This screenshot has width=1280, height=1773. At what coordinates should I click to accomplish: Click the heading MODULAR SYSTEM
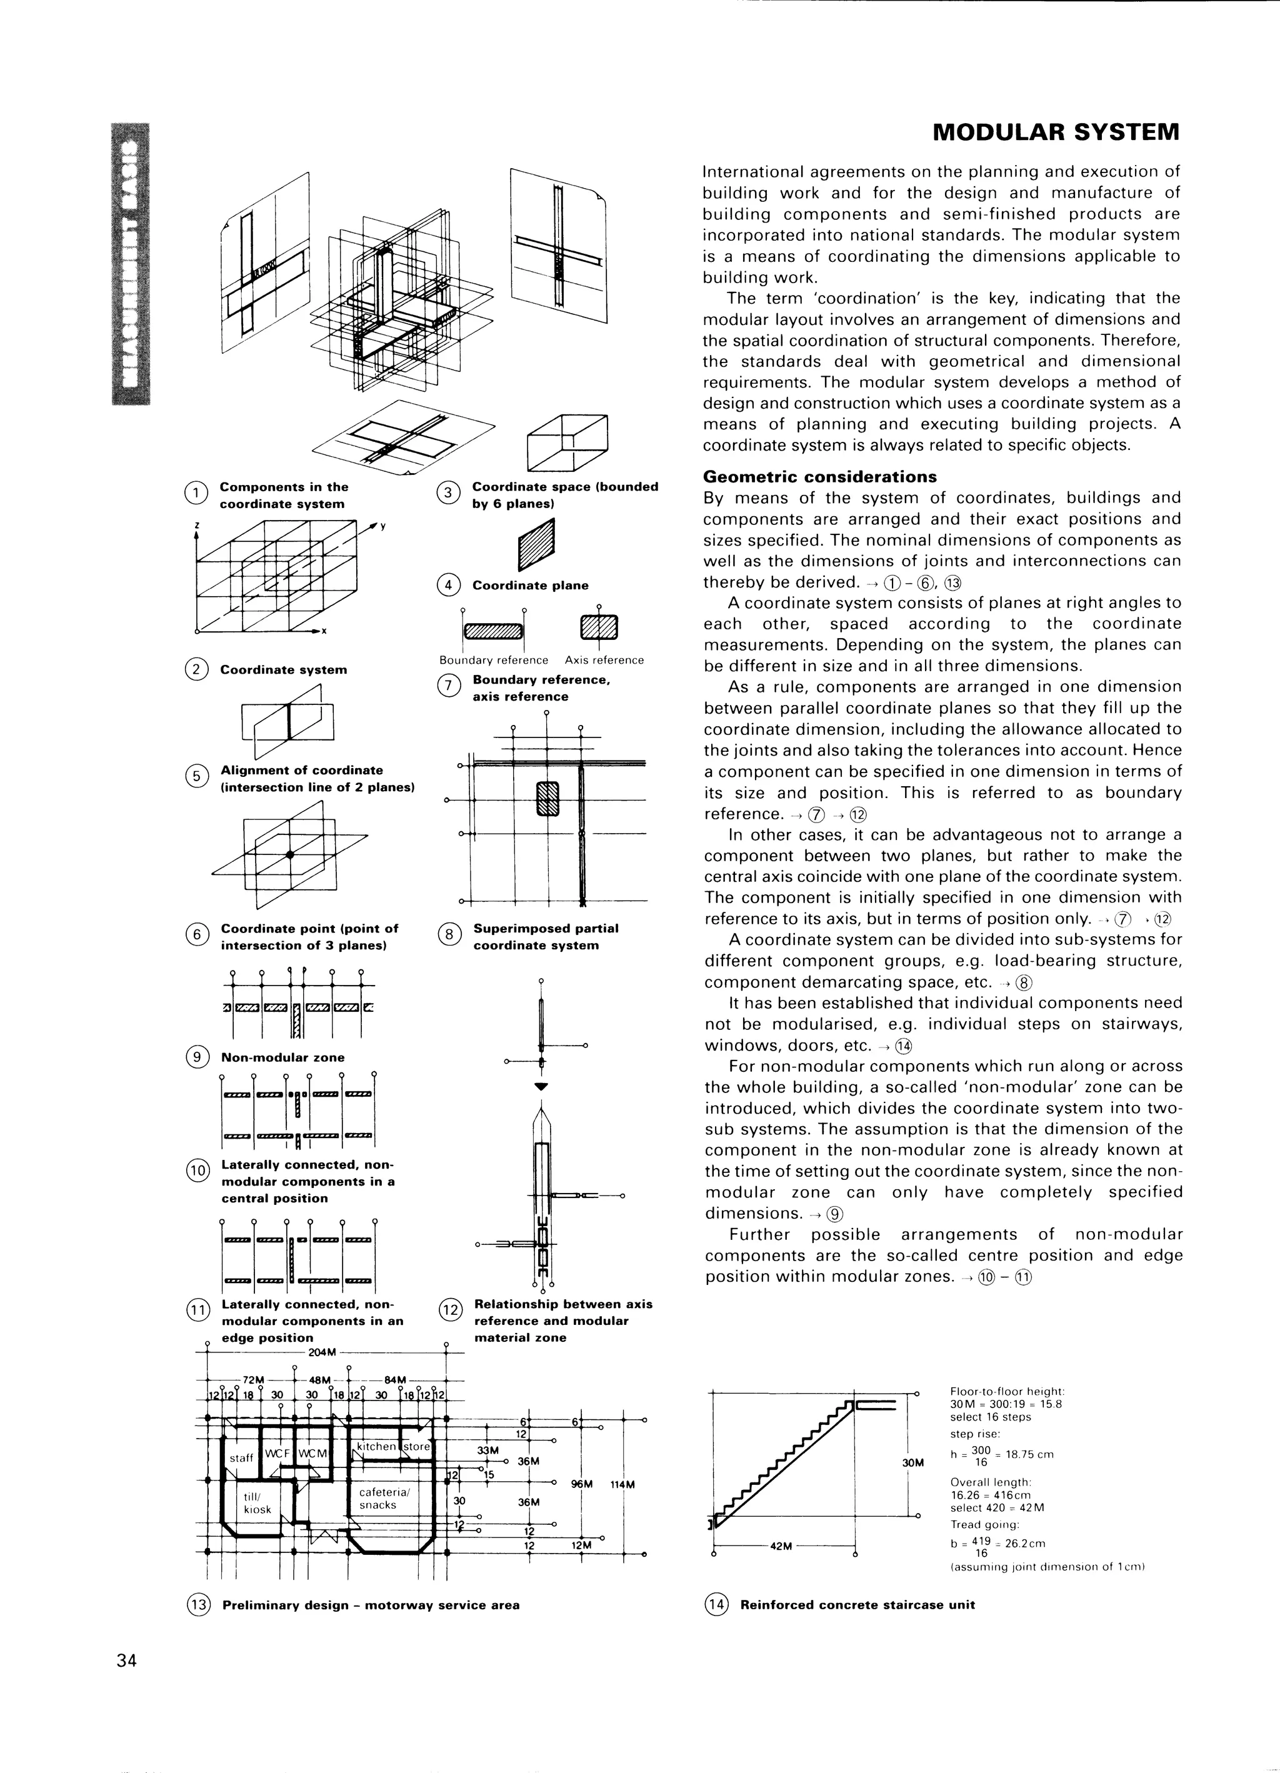[1056, 132]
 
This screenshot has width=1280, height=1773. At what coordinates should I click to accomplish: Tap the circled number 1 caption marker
[196, 492]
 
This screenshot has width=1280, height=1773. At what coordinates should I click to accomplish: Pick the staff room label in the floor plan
[241, 1458]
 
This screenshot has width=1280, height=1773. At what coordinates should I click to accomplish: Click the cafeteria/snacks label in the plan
[379, 1499]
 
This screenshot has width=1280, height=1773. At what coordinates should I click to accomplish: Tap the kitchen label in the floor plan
[376, 1446]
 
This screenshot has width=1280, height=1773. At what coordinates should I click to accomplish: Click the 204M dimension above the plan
[322, 1352]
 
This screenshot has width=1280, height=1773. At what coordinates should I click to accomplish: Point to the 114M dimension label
[623, 1484]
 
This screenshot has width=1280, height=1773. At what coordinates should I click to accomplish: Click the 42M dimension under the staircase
[781, 1546]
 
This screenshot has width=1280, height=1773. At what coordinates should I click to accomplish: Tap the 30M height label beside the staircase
[912, 1462]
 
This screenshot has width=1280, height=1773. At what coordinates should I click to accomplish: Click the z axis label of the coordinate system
[197, 526]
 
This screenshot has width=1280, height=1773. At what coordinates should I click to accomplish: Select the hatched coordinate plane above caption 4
[536, 545]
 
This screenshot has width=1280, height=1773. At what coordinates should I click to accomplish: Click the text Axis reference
[604, 661]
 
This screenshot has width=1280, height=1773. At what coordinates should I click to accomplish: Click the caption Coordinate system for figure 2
[283, 670]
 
